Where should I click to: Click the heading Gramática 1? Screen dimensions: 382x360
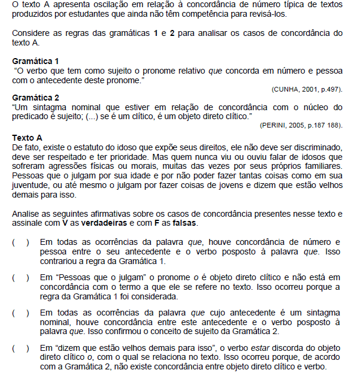[x=35, y=61]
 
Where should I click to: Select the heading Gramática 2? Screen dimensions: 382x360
[x=35, y=98]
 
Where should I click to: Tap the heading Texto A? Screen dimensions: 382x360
[x=27, y=137]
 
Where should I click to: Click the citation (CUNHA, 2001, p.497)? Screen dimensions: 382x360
[x=307, y=89]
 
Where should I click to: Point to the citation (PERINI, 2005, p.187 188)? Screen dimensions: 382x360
[x=301, y=125]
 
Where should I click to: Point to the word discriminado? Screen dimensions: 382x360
[x=314, y=147]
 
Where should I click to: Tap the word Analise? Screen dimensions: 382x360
[x=26, y=214]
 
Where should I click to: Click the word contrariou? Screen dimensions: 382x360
[x=59, y=261]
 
